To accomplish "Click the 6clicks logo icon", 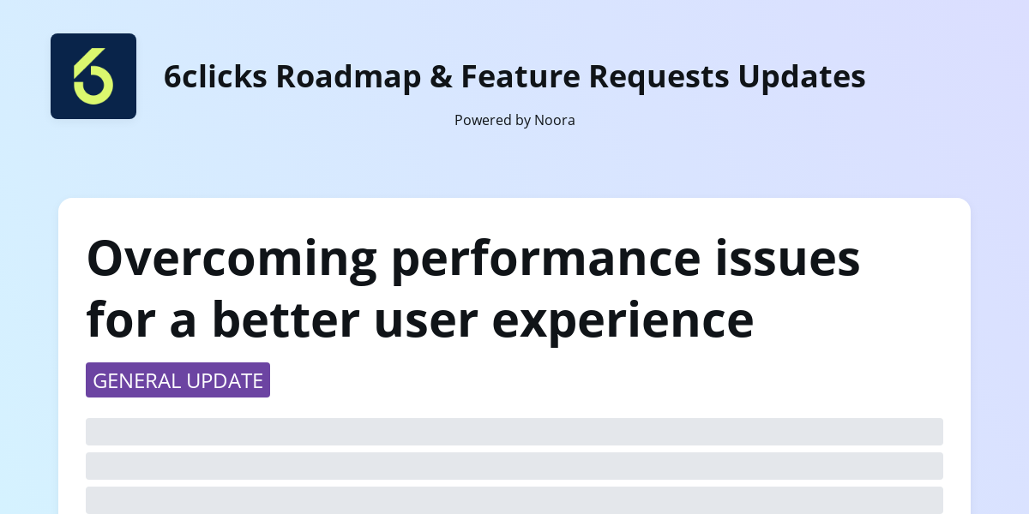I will click(x=93, y=76).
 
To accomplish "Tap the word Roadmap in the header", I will click(x=348, y=76).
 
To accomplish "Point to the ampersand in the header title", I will click(x=441, y=76).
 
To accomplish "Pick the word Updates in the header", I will click(x=802, y=76).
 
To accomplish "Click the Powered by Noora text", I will click(x=514, y=120).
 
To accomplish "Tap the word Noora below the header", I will click(x=555, y=120).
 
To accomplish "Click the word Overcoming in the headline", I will click(x=232, y=258).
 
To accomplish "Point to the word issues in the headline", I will click(x=802, y=258).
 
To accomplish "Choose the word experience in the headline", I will click(x=623, y=320).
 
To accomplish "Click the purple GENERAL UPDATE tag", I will click(x=178, y=380).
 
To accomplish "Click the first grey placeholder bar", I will click(x=514, y=432).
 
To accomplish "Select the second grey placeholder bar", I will click(x=514, y=466).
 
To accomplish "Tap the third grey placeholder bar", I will click(x=514, y=500).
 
